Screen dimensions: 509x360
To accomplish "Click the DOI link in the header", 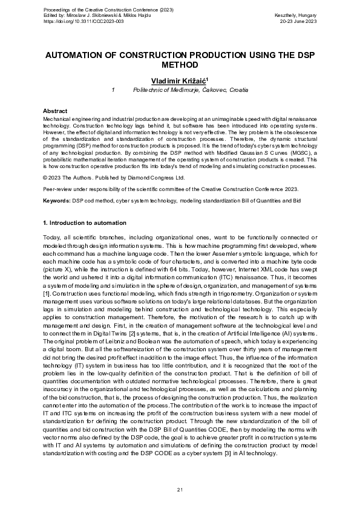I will [x=78, y=21].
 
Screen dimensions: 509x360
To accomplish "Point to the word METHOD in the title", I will [x=180, y=65].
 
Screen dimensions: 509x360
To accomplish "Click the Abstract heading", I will [x=55, y=112].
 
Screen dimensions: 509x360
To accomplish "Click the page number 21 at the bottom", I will [x=180, y=489].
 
